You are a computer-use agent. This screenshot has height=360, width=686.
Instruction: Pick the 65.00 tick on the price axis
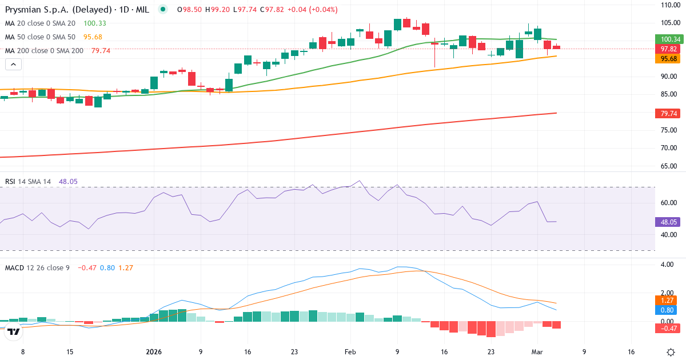click(x=669, y=166)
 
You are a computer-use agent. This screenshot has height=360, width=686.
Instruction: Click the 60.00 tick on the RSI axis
click(x=669, y=203)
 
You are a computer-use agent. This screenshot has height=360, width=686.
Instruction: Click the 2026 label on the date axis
click(x=154, y=352)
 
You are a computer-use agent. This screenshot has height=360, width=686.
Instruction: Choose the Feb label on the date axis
click(x=350, y=352)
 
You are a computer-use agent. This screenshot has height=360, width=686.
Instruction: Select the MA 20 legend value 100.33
click(x=95, y=23)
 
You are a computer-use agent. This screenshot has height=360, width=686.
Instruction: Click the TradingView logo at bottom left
click(x=14, y=331)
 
